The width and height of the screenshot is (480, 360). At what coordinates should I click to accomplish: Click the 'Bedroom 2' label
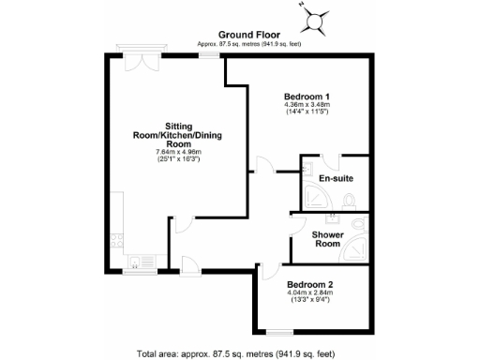(x=310, y=284)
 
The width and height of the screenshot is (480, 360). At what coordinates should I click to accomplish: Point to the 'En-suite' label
(x=335, y=178)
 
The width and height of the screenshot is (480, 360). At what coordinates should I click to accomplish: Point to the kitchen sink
(x=135, y=262)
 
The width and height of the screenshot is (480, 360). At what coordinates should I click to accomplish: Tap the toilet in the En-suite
(x=349, y=199)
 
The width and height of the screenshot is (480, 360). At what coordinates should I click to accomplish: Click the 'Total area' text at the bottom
(x=234, y=353)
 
